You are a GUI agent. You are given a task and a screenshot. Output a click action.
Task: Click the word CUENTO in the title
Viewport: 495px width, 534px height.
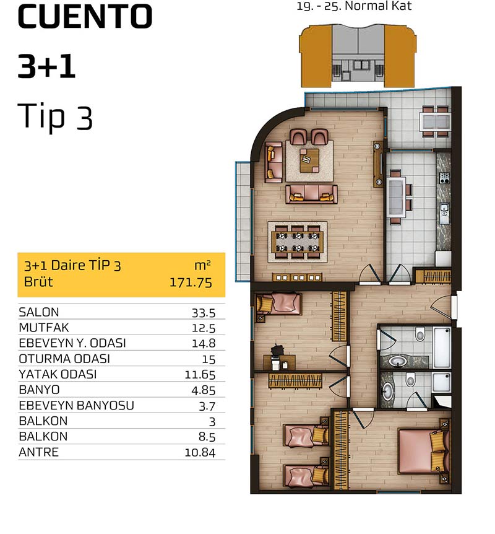click(85, 17)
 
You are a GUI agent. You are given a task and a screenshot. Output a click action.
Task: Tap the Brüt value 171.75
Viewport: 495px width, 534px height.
click(191, 282)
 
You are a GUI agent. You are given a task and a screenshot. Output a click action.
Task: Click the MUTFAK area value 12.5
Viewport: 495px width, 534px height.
click(204, 328)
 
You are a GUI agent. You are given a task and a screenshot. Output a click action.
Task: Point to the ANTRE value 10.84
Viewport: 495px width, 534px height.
click(200, 453)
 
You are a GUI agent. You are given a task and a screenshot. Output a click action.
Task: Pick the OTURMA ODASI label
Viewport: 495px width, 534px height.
click(64, 359)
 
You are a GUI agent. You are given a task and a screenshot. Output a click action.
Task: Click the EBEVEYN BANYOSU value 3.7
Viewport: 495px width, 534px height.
click(207, 406)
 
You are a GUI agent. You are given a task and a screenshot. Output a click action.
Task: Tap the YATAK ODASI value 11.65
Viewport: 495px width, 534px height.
click(200, 375)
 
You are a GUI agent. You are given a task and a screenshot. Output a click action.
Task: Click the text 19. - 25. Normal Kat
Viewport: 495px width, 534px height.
click(354, 6)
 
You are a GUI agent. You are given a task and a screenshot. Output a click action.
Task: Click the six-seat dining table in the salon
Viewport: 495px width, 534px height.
click(298, 242)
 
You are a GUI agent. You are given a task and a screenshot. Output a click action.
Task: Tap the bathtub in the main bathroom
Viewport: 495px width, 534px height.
click(442, 347)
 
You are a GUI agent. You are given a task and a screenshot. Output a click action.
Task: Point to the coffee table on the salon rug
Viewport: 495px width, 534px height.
click(309, 160)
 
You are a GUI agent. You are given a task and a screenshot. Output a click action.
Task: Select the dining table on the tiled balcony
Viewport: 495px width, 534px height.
click(436, 121)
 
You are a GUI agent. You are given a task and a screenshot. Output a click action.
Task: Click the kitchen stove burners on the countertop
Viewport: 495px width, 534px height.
click(444, 178)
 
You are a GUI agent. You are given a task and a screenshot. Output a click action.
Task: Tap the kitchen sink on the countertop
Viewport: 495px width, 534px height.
click(444, 213)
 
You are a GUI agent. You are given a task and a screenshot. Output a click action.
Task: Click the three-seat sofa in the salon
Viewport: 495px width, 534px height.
click(311, 194)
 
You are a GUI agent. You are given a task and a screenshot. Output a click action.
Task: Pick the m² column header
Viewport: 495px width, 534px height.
click(203, 266)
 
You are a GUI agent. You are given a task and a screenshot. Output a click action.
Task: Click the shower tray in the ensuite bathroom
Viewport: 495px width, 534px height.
click(441, 382)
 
